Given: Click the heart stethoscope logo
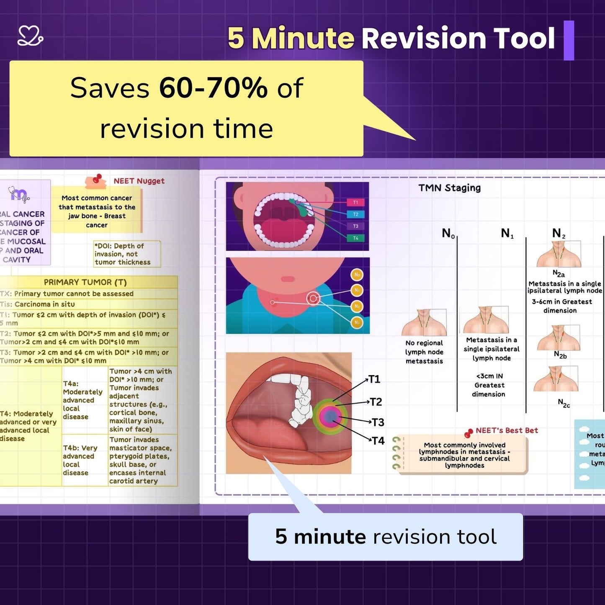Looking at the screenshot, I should [30, 36].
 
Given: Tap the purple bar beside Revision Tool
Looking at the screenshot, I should [569, 40].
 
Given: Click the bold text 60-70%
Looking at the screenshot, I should [213, 88].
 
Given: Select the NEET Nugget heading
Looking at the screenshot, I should [139, 181].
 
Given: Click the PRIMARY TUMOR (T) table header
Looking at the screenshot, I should [85, 282].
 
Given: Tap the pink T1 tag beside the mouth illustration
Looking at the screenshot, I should [355, 202].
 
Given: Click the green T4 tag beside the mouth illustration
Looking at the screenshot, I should [355, 238].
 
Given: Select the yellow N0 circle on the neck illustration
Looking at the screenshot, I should [357, 275].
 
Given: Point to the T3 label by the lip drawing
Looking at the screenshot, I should [378, 422].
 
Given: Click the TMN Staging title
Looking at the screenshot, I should [449, 188].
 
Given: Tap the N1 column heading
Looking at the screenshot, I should [507, 234].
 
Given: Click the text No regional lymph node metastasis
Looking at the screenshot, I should [424, 352].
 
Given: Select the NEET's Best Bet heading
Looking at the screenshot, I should [507, 430].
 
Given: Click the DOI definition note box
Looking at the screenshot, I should [126, 254].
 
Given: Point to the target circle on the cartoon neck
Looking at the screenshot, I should [313, 298].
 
